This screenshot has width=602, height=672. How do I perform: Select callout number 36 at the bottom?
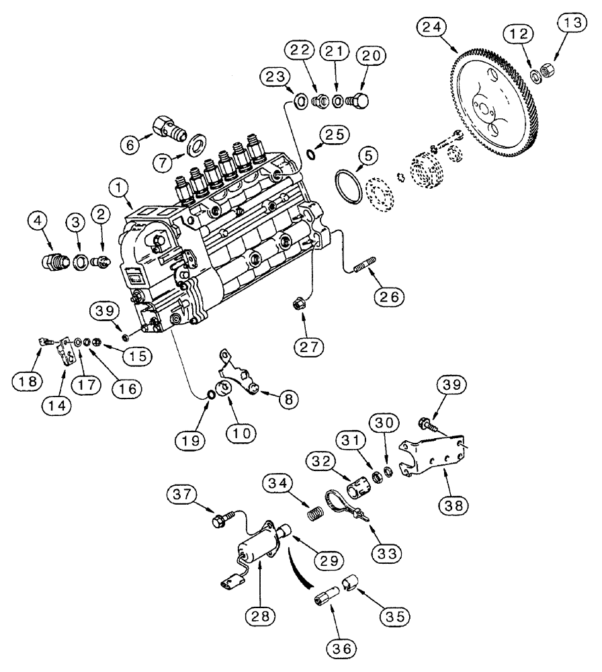click(x=341, y=649)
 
